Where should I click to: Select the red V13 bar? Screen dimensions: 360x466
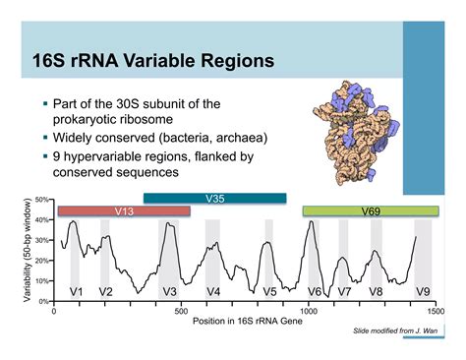pyautogui.click(x=124, y=211)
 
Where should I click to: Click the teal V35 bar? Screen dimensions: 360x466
pyautogui.click(x=214, y=199)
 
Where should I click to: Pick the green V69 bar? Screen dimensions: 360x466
pyautogui.click(x=369, y=211)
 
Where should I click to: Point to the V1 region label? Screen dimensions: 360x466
pyautogui.click(x=76, y=292)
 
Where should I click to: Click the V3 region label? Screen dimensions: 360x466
pyautogui.click(x=169, y=292)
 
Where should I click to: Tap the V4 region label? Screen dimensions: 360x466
pyautogui.click(x=212, y=292)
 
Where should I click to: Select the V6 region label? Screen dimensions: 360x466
pyautogui.click(x=315, y=292)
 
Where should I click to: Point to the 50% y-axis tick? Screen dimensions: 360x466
pyautogui.click(x=42, y=200)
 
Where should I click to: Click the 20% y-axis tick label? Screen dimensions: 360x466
pyautogui.click(x=42, y=261)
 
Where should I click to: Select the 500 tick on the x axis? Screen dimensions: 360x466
pyautogui.click(x=181, y=311)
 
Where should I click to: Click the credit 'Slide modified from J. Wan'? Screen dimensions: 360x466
pyautogui.click(x=395, y=334)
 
